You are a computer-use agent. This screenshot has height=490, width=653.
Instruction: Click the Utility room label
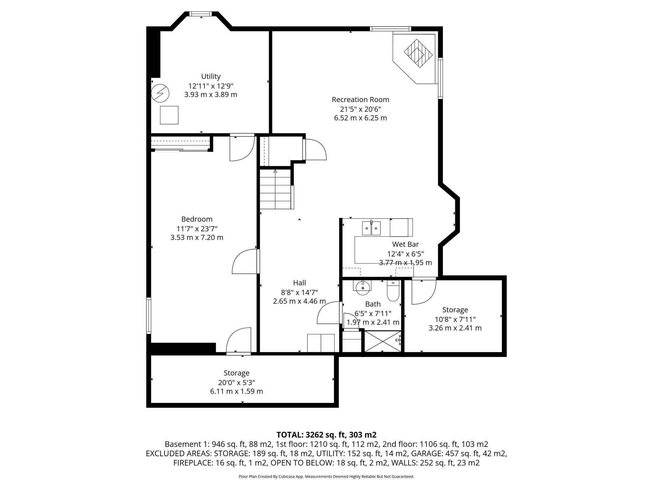pos(211,77)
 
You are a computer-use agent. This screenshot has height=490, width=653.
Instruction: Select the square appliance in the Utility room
pos(169,115)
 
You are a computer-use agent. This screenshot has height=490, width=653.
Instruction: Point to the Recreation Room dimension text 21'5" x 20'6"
pos(360,109)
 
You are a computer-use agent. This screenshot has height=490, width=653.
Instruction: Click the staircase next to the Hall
pos(275,189)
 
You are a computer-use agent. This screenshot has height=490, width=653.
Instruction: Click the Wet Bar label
pos(405,244)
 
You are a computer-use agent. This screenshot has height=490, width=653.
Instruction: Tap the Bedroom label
pos(197,219)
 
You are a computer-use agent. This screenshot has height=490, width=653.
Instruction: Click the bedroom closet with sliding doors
pos(180,144)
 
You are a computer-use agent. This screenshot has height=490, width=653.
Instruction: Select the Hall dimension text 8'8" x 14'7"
pos(299,292)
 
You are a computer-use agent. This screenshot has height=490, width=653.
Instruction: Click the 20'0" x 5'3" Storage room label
pos(236,373)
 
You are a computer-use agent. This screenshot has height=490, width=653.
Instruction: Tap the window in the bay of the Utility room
pos(201,14)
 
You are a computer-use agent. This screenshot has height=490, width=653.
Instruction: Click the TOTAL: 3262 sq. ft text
pos(326,434)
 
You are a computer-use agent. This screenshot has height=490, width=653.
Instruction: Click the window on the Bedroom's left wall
pos(149,316)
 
